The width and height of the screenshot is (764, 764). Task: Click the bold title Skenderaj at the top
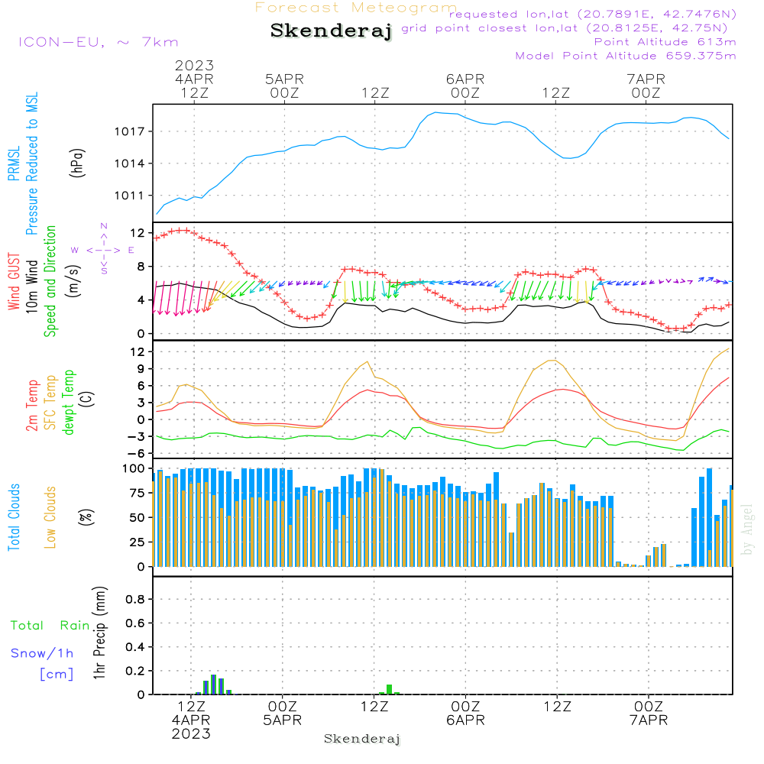[331, 31]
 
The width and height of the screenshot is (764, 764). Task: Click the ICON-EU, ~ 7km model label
[97, 42]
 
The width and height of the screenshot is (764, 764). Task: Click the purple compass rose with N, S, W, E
[104, 249]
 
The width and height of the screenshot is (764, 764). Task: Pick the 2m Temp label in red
[33, 405]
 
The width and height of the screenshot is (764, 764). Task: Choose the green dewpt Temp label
[69, 403]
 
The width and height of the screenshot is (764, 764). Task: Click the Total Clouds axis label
[15, 517]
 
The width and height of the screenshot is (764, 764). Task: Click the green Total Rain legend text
[50, 626]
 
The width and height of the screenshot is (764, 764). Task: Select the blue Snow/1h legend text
[42, 653]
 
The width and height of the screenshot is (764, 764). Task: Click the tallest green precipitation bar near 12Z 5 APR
[389, 689]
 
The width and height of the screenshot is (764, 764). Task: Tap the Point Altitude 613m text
[665, 41]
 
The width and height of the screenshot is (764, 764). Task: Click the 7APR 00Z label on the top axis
[646, 85]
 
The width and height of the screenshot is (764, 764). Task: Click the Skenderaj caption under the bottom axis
[362, 739]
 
